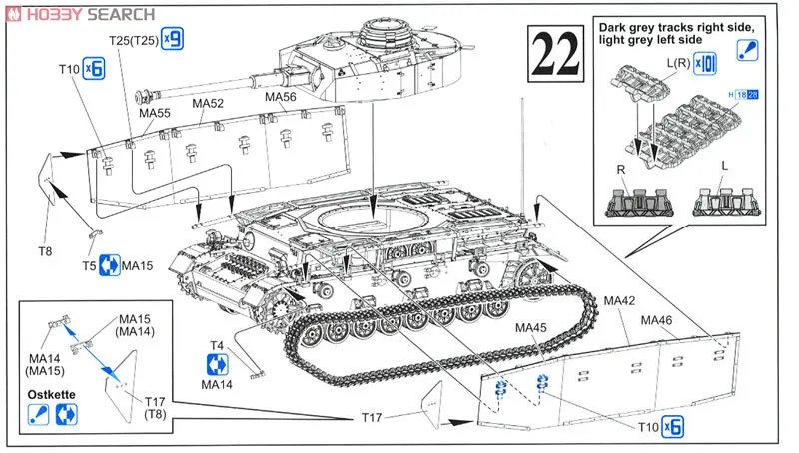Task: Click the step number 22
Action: tap(555, 57)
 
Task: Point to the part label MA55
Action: tap(156, 114)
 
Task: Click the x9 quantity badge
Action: tap(174, 40)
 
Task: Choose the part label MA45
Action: tap(532, 325)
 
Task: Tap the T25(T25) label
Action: tap(134, 40)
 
